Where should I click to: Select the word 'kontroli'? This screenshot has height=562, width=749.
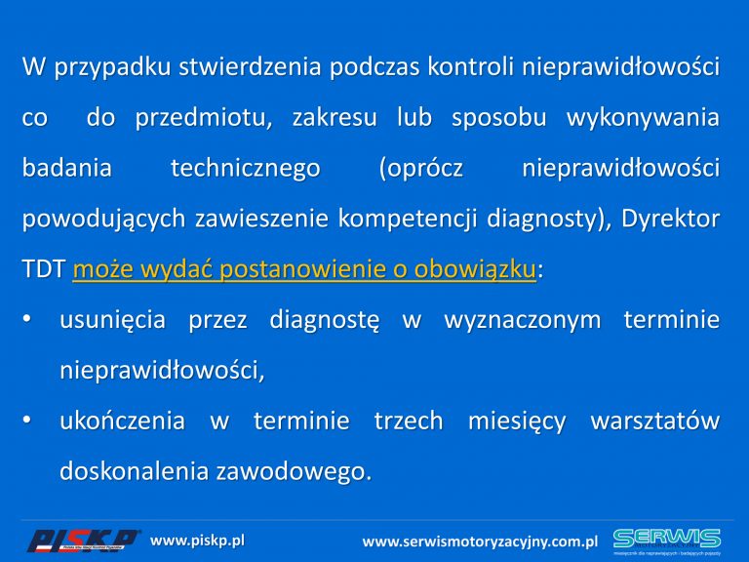(470, 66)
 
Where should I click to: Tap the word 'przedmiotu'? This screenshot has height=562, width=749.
(204, 118)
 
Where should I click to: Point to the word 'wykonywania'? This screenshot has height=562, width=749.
(643, 118)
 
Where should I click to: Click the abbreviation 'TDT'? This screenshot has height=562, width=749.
(44, 269)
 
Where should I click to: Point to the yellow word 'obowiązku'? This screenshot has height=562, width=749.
(475, 269)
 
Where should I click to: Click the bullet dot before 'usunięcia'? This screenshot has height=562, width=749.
(26, 318)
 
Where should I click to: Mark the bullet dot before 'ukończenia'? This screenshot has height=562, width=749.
(26, 420)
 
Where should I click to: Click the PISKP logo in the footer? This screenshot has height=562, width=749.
(83, 541)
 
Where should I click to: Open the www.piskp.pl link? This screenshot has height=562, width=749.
(197, 541)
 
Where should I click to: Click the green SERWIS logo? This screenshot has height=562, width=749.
(667, 541)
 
